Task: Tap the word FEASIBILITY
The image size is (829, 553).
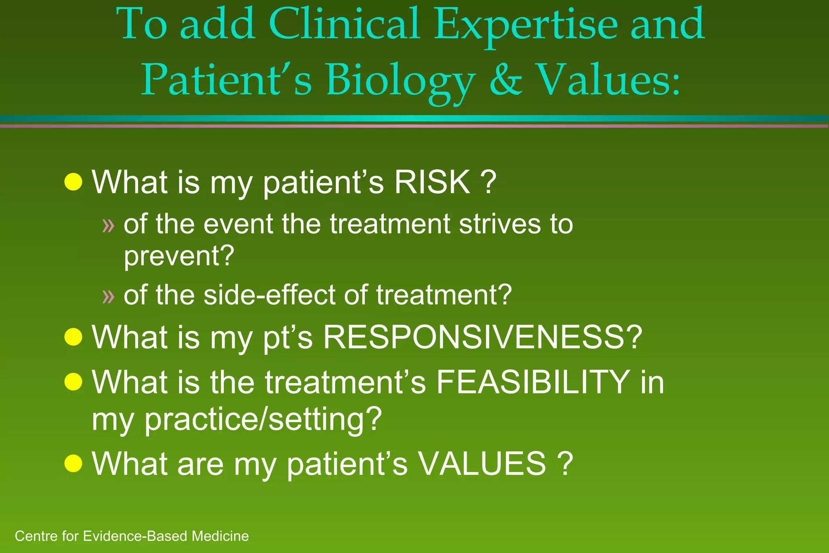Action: (x=532, y=382)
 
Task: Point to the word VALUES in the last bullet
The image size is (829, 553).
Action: (x=482, y=464)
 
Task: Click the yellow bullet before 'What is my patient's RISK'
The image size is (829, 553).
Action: (x=73, y=182)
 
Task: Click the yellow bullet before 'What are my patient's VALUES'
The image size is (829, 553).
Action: (x=73, y=463)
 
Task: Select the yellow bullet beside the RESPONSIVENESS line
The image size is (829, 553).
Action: (x=73, y=337)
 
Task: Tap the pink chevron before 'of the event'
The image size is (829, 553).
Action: (x=108, y=225)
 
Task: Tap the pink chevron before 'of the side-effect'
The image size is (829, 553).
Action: (x=108, y=296)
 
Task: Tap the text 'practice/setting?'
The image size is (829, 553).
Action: (x=263, y=419)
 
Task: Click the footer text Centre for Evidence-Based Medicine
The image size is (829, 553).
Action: (x=132, y=536)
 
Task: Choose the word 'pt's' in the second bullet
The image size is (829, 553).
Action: (x=287, y=338)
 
